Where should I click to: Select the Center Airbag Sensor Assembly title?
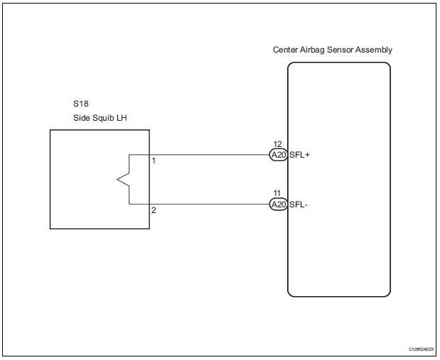332,50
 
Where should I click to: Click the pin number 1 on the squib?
154,160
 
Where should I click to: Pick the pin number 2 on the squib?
154,210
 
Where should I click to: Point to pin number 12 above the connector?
278,144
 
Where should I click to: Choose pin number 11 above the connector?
278,193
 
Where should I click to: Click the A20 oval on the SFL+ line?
278,155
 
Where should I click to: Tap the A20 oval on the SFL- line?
278,204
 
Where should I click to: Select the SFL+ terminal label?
300,155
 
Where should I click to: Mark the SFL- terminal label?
299,204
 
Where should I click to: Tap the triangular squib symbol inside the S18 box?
123,180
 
